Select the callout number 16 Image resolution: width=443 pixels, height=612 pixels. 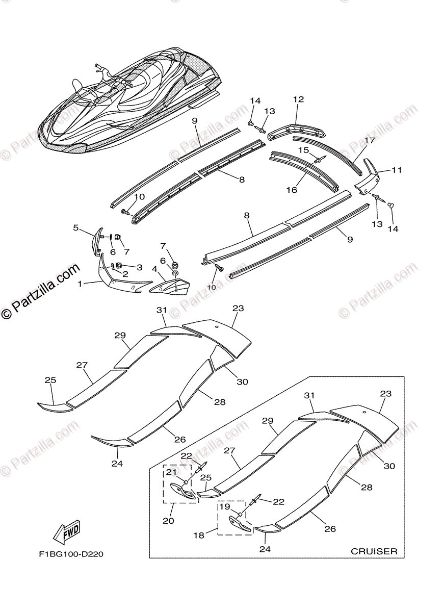coord(291,190)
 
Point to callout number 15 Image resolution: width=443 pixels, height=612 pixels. coord(303,150)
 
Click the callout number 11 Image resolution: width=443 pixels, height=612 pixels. coord(397,170)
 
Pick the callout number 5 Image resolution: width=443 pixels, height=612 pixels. coord(76,228)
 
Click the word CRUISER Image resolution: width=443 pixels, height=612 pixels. coord(374,551)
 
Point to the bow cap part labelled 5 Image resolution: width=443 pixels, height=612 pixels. coord(96,240)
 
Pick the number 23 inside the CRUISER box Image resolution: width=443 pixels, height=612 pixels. coord(385,394)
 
